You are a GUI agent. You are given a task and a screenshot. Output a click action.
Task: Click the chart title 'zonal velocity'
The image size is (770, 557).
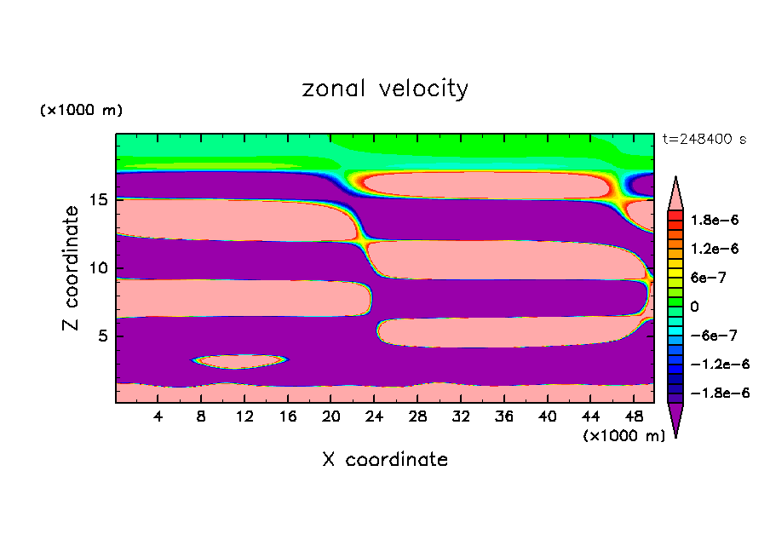pos(385,89)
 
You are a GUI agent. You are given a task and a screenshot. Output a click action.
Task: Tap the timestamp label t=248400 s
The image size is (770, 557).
pos(704,139)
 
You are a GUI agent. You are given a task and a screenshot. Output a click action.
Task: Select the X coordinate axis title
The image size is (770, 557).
pos(385,460)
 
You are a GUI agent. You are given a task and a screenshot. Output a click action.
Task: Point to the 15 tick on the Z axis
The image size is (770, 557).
pos(99,201)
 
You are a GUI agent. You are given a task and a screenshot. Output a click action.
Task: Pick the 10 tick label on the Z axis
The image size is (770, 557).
pos(99,268)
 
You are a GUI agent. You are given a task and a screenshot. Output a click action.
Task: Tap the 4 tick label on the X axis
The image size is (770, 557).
pos(158,416)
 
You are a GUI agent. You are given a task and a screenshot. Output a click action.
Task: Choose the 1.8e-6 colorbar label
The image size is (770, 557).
pos(715,220)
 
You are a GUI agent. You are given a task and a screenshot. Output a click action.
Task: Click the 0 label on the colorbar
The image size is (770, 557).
pos(695,307)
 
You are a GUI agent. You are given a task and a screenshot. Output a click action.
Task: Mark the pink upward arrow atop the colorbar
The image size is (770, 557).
pos(675,192)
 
